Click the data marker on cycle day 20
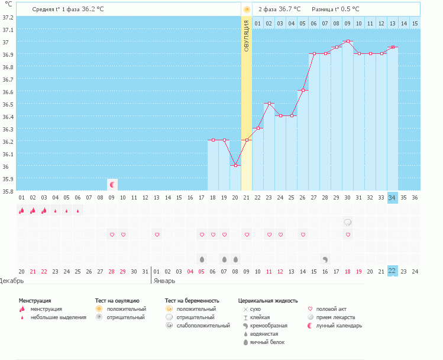[235, 165]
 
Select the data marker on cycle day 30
[348, 41]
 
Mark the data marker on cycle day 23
[269, 104]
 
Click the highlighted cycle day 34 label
[393, 198]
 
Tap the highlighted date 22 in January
[393, 271]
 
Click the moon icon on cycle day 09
[112, 184]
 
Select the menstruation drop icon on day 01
[21, 210]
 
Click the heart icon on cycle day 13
[157, 235]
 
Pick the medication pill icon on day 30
[348, 223]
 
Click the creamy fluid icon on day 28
[325, 259]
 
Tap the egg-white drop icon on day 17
[202, 259]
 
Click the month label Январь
[163, 281]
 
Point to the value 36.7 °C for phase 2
[289, 9]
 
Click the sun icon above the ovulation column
[247, 9]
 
